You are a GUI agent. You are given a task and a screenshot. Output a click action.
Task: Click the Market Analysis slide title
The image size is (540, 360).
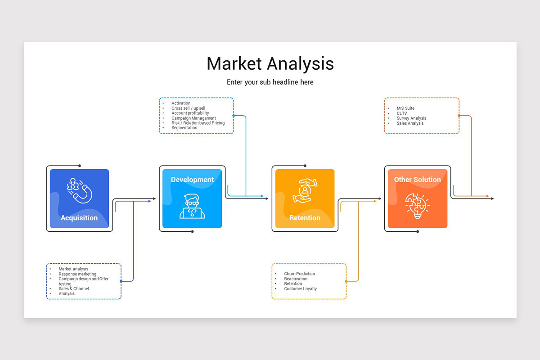tap(270, 64)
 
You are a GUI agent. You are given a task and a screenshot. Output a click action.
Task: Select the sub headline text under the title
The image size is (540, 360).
tap(270, 82)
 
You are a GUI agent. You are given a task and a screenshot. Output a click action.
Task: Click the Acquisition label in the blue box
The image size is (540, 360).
tap(79, 218)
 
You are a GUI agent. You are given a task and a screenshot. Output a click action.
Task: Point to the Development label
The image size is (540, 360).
tap(192, 180)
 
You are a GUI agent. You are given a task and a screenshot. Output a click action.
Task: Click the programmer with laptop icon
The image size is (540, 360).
tap(192, 207)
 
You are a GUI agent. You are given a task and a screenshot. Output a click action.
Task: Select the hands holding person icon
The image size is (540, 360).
tap(305, 190)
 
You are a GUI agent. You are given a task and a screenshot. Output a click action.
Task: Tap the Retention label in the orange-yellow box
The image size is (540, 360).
tap(305, 218)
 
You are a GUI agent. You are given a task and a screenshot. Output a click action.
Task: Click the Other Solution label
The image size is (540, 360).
tap(417, 180)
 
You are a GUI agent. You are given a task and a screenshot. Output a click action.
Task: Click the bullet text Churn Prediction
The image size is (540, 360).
tap(299, 274)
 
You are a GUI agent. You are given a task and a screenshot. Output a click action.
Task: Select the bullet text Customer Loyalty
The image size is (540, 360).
tap(300, 289)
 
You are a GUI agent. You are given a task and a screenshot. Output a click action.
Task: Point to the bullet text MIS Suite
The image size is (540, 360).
tap(405, 108)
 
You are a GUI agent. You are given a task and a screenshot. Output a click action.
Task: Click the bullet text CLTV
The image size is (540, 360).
tap(402, 113)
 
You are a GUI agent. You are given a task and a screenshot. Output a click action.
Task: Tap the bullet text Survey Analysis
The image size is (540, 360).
tap(411, 118)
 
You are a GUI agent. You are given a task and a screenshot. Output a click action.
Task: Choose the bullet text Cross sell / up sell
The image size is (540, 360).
tap(188, 108)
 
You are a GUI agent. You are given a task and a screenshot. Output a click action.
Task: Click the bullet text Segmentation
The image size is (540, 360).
tap(184, 128)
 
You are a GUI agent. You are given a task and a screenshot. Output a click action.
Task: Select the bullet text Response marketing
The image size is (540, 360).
tap(78, 274)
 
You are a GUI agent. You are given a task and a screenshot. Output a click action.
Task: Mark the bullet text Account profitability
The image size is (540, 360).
tap(190, 113)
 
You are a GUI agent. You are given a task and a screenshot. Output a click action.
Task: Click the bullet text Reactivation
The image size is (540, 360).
tap(296, 279)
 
